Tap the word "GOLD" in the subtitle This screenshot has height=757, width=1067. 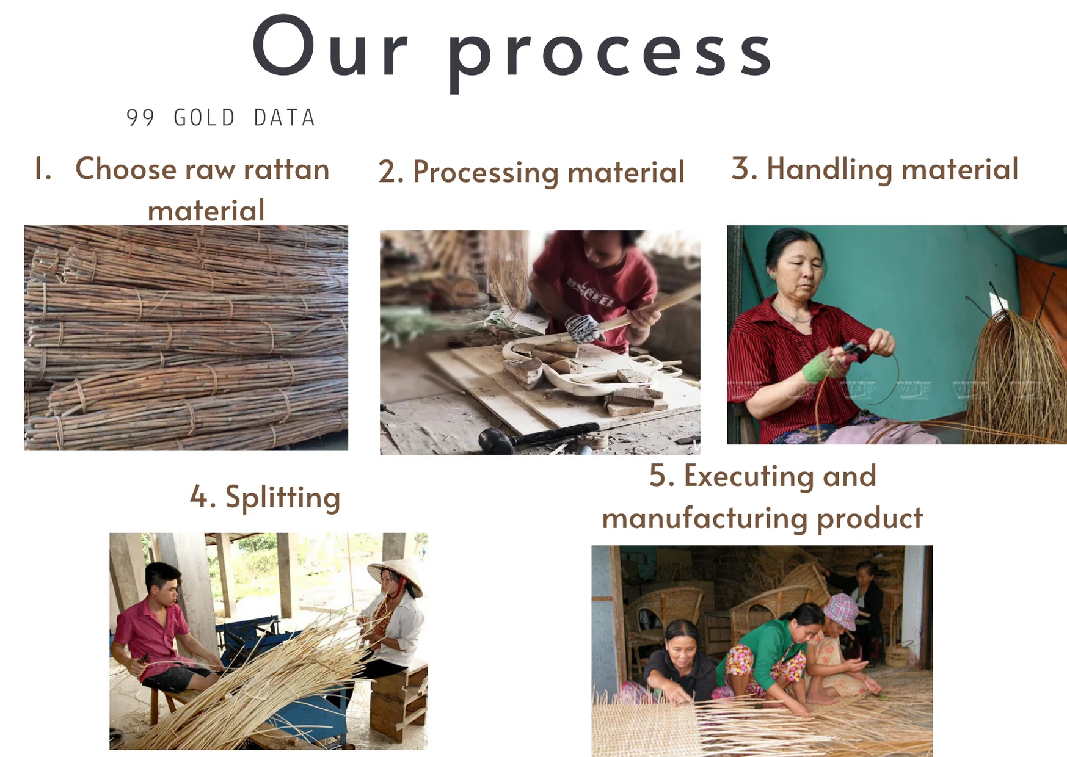[x=204, y=118]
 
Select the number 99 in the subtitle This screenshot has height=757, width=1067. [x=140, y=118]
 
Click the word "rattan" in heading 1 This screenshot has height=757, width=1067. [x=286, y=169]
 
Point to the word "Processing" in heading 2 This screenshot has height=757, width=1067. [x=485, y=173]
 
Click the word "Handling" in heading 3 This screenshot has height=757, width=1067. [x=829, y=169]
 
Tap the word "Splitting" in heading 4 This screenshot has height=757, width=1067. [x=282, y=498]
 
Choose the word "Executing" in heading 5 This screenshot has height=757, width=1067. [x=748, y=476]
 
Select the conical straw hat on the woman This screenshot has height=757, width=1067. [x=396, y=575]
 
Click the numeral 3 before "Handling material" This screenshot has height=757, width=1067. [x=740, y=168]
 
